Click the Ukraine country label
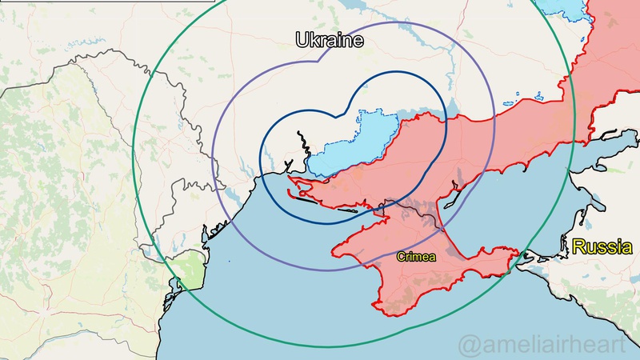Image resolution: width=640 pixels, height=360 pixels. point(330,40)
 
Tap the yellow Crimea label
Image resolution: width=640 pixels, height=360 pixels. point(416,257)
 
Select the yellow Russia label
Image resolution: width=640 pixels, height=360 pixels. point(602,247)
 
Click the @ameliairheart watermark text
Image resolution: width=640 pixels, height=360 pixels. point(547,346)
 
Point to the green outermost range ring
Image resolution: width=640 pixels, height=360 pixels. point(133,160)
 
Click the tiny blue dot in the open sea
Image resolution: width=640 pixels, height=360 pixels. point(227,262)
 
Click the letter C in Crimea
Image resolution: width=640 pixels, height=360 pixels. point(401,257)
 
